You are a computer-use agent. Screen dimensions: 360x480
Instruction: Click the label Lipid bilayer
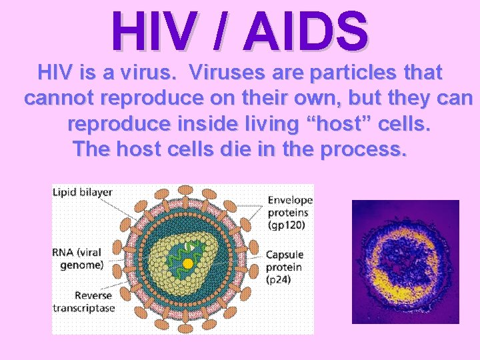(x=82, y=192)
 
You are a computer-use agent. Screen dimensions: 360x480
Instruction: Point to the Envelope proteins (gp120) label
(x=288, y=212)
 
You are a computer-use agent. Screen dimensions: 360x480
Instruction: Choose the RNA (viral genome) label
(x=78, y=258)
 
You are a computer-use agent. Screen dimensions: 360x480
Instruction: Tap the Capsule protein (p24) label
(x=284, y=267)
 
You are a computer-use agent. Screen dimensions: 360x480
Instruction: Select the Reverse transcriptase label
(x=84, y=301)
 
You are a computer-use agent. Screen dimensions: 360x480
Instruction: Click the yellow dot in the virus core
(x=188, y=263)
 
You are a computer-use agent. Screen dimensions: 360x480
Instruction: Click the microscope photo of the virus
(x=405, y=261)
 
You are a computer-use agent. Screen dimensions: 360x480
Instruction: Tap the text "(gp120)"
(x=288, y=225)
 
